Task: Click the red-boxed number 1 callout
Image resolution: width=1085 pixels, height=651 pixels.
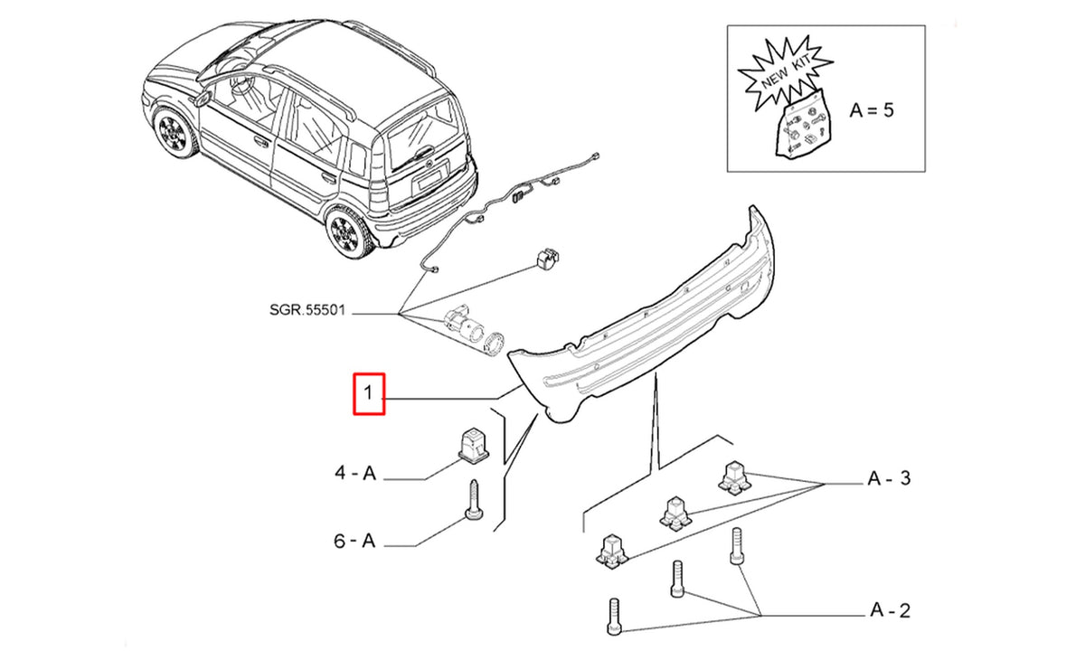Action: click(x=369, y=393)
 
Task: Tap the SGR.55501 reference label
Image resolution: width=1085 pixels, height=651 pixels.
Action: click(x=307, y=310)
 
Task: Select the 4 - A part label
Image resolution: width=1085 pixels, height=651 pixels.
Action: click(x=355, y=473)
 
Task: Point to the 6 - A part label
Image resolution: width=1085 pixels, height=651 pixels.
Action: click(x=354, y=541)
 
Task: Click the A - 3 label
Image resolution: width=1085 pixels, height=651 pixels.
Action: click(x=890, y=478)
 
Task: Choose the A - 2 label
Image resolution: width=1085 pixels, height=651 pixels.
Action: click(x=891, y=609)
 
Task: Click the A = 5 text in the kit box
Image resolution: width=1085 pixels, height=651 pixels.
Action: click(x=872, y=110)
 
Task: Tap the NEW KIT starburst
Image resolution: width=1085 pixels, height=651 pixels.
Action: click(x=785, y=72)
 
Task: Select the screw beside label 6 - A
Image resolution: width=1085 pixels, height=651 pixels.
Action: click(x=474, y=500)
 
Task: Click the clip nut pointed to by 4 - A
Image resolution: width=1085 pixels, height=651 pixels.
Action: click(x=473, y=446)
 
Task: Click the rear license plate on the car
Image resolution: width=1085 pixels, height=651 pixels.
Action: click(x=429, y=179)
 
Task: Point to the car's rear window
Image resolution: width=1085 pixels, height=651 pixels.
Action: click(x=422, y=132)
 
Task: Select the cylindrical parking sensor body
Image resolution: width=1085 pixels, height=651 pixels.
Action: click(x=464, y=325)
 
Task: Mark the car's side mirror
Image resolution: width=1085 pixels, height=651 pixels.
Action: click(x=201, y=99)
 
